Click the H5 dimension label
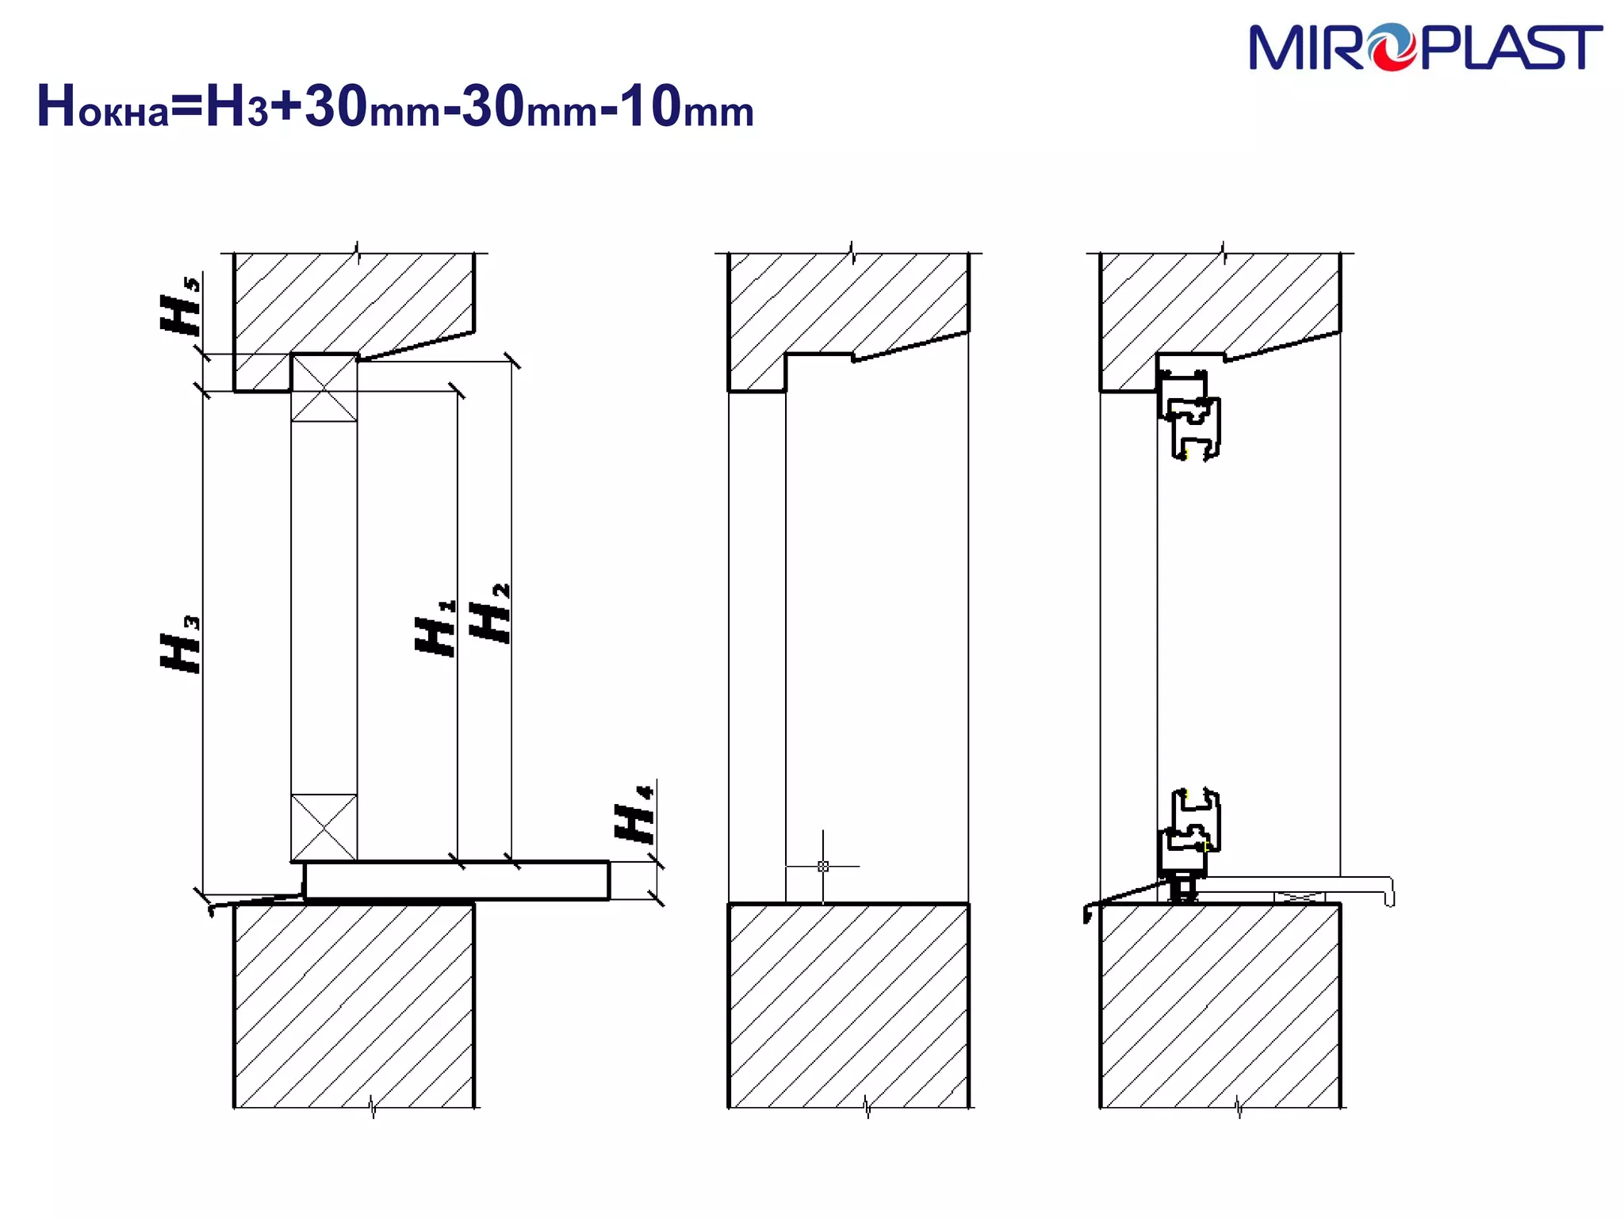(181, 305)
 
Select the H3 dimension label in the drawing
(181, 644)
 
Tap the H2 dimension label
(490, 613)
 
